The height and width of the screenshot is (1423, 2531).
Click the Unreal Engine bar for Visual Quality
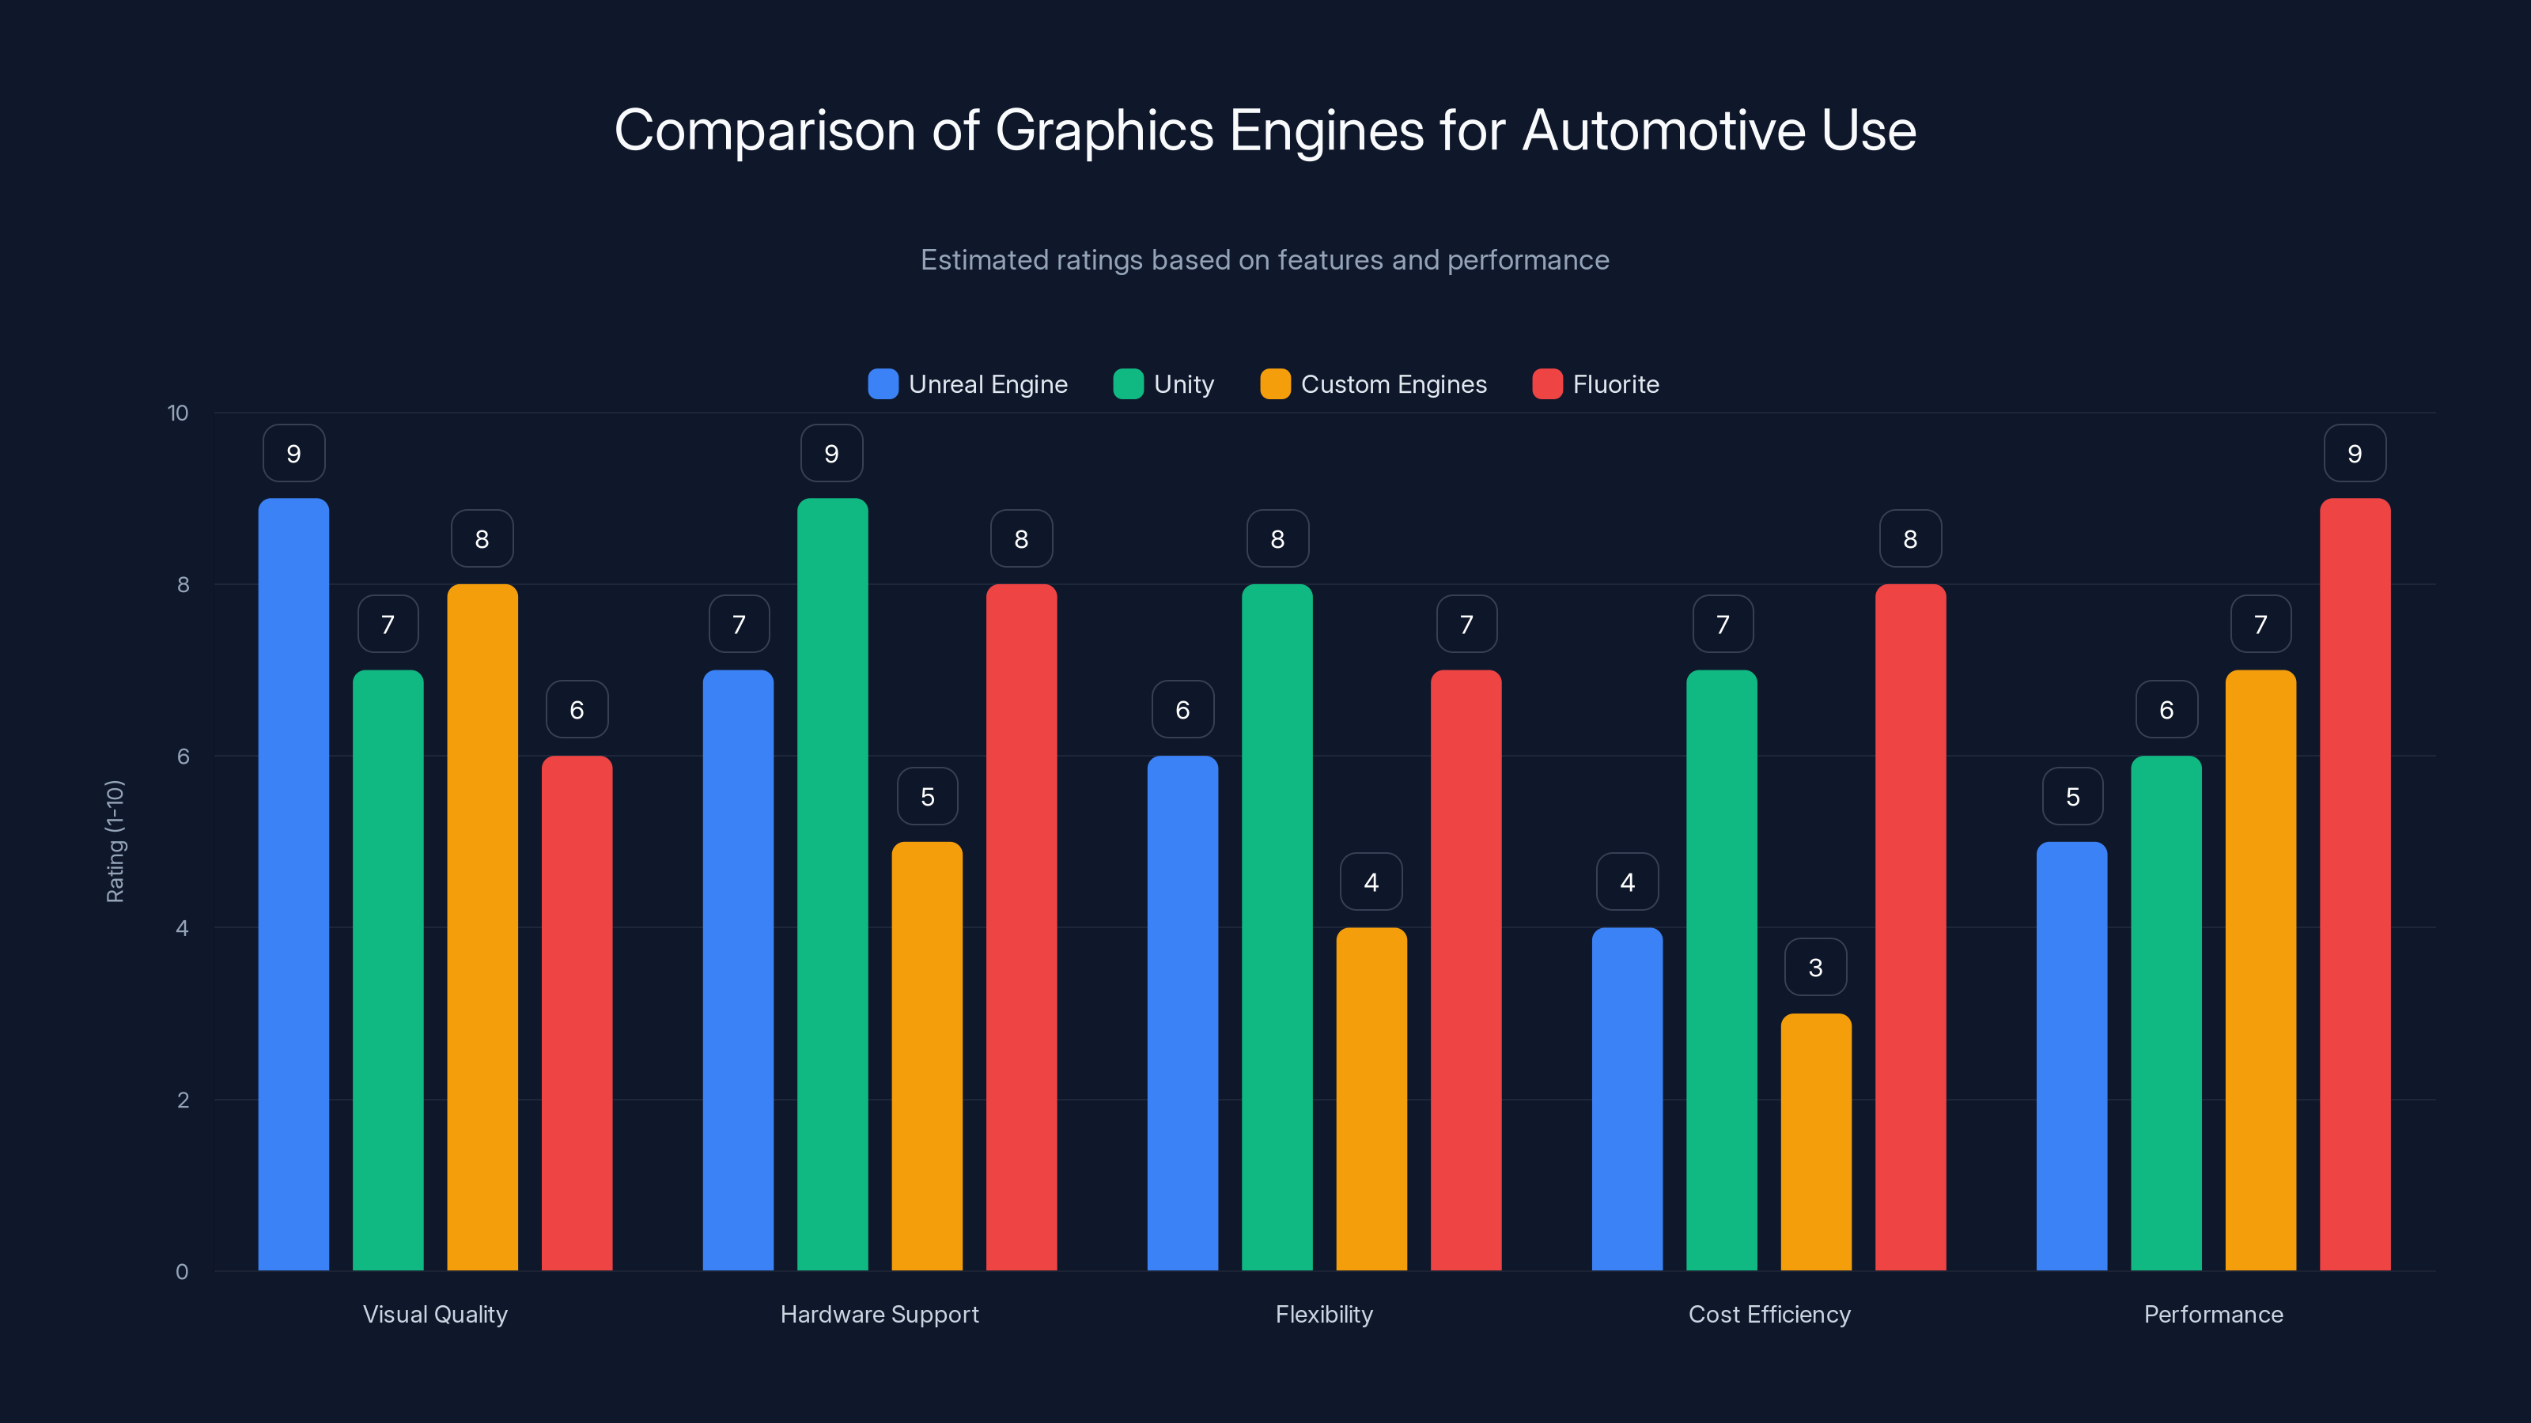(x=293, y=884)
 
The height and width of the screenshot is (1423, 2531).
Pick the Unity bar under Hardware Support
(x=832, y=884)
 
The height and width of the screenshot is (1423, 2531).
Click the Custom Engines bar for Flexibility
(x=1371, y=1099)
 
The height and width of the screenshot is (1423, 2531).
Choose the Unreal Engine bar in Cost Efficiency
(x=1627, y=1099)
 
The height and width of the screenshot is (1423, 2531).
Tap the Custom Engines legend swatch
(x=1275, y=384)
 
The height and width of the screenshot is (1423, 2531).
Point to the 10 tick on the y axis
(x=178, y=413)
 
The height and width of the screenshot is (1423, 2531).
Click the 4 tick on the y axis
(x=182, y=928)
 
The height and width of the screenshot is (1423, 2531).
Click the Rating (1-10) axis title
(x=115, y=842)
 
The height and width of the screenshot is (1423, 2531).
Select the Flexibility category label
(x=1323, y=1314)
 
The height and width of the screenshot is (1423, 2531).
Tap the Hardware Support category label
(x=880, y=1314)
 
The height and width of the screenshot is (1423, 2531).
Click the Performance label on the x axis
(x=2213, y=1314)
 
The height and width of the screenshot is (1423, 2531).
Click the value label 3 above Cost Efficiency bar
(x=1816, y=968)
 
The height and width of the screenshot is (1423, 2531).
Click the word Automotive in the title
(x=1663, y=130)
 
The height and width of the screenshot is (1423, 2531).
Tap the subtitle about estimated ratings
(x=1265, y=260)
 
